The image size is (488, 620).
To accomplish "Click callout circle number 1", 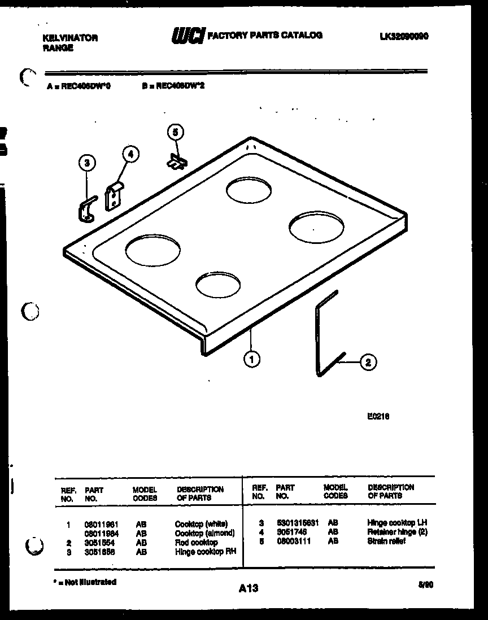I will tap(251, 357).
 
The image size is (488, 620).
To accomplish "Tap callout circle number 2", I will tap(368, 362).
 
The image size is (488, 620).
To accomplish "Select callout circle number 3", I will tap(86, 164).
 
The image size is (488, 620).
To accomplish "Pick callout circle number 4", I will tap(130, 154).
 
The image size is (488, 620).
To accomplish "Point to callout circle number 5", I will tap(175, 132).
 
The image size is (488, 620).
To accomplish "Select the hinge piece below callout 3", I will tap(86, 209).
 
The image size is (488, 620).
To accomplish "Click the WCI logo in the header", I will tap(188, 36).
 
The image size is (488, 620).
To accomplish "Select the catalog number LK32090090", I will tap(403, 36).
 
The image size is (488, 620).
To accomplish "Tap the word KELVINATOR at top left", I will tap(70, 38).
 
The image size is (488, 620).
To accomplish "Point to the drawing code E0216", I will tap(378, 417).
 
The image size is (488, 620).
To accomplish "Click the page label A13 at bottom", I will tap(248, 588).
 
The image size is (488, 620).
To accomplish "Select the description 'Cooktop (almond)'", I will tap(204, 533).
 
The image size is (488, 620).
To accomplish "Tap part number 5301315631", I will tap(297, 523).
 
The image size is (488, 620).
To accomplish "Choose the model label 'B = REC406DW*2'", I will tap(173, 87).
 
